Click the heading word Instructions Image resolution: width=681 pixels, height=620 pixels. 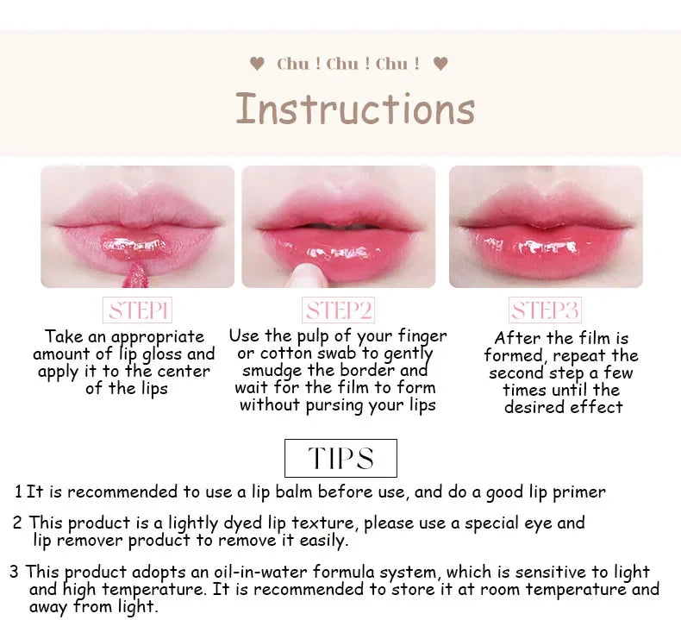[355, 109]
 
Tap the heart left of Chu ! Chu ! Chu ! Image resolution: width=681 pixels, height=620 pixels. [257, 64]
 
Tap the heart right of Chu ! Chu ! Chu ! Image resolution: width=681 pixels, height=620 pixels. [440, 64]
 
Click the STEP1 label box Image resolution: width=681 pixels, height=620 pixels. [138, 310]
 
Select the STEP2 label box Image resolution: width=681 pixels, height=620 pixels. [338, 310]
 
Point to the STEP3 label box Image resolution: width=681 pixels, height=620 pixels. [545, 310]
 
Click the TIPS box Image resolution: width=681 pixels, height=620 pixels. [341, 459]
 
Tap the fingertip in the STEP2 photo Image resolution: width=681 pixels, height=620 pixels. [308, 276]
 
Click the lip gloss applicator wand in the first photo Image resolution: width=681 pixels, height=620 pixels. [135, 274]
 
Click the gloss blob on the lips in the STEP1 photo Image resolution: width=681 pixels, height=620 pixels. [134, 247]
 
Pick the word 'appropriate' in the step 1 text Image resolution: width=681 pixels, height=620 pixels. [158, 337]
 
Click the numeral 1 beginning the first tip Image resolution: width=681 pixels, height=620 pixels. [18, 492]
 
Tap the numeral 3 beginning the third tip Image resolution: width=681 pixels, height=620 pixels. [15, 572]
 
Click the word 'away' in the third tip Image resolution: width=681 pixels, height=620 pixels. [48, 607]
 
